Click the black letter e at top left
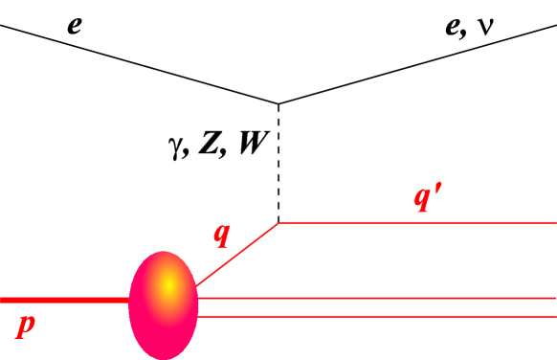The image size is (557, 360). pos(74,23)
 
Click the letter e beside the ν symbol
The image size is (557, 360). pos(454,23)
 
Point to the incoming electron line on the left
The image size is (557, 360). pos(144,62)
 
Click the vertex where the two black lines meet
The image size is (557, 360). pos(278,103)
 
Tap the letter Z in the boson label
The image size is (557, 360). pos(207,146)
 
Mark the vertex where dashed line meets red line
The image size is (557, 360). pos(278,223)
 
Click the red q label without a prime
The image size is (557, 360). pos(222,234)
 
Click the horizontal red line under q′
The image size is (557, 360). pos(421,223)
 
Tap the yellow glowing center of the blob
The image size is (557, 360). pos(167,284)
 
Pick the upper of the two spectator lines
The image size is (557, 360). pos(383,299)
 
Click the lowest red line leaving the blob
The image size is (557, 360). pos(383,316)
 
